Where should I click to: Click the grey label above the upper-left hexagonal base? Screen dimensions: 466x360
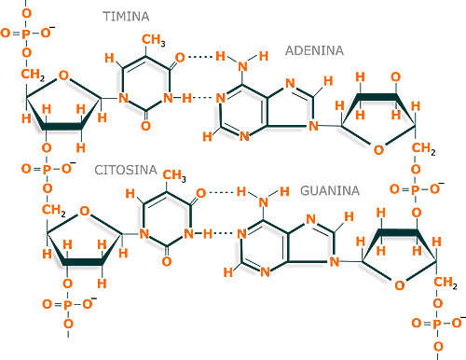(x=128, y=16)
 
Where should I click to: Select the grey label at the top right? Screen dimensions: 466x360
(x=313, y=50)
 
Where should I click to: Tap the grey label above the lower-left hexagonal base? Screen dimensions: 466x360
(x=124, y=169)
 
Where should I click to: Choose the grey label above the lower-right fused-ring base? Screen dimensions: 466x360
(x=329, y=190)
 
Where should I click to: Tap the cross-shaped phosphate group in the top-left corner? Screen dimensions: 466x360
(x=26, y=33)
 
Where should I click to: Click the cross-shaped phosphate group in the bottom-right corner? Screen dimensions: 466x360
(x=436, y=323)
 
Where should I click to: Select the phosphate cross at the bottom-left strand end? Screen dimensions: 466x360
(x=67, y=305)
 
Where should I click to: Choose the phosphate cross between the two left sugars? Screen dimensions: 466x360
(x=45, y=169)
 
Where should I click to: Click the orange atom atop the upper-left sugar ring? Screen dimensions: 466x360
(x=63, y=73)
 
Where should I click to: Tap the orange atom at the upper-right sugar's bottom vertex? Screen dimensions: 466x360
(x=377, y=146)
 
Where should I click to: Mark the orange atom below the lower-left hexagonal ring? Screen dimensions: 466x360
(x=167, y=260)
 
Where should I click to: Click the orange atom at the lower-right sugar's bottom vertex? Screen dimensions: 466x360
(x=399, y=285)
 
